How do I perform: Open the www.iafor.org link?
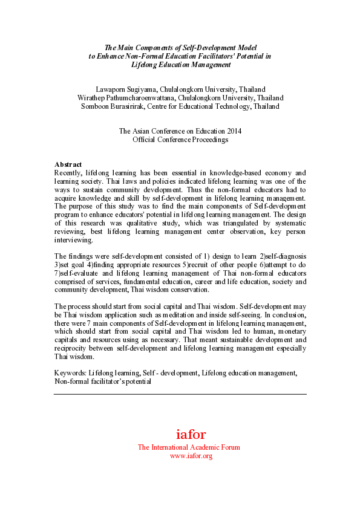(x=191, y=456)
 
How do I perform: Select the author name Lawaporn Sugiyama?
(x=133, y=89)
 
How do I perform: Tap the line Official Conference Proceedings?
(x=180, y=139)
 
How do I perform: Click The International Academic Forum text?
(x=189, y=447)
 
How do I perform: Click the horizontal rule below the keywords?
(x=180, y=394)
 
